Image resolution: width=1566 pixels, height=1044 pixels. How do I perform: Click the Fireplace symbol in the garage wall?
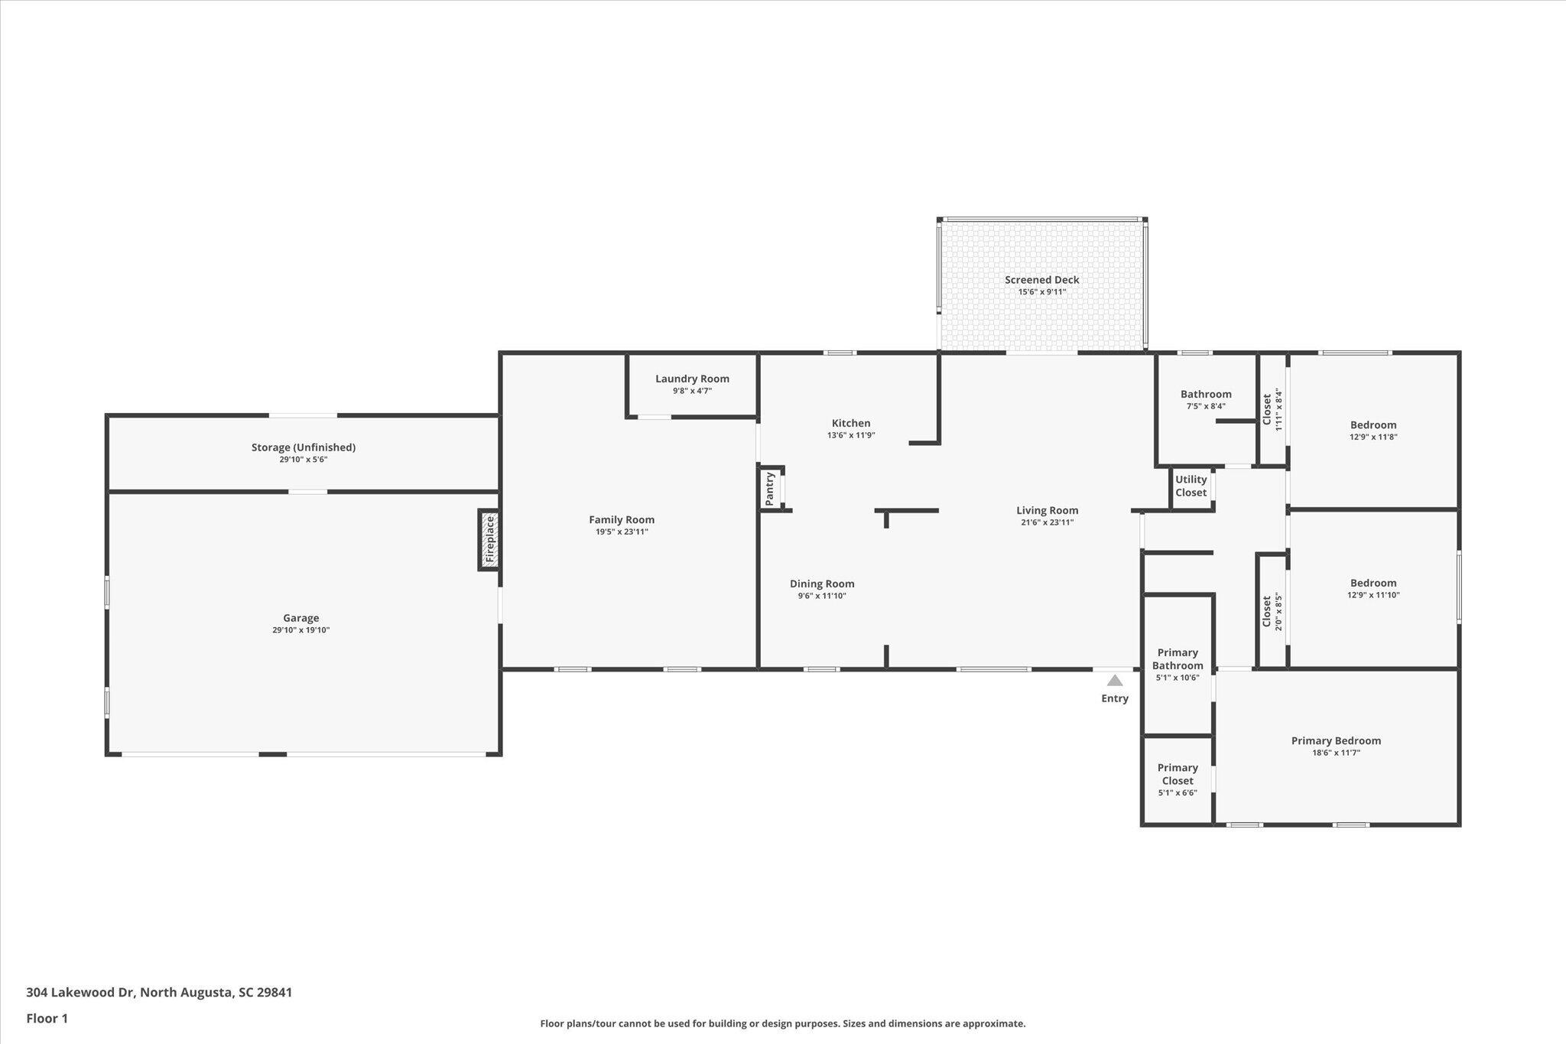click(x=490, y=540)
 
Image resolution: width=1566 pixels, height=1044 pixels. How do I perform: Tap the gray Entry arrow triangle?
click(x=1115, y=680)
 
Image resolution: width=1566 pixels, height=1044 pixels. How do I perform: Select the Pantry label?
click(x=770, y=489)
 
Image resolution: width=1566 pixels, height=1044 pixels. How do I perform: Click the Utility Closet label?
click(x=1191, y=486)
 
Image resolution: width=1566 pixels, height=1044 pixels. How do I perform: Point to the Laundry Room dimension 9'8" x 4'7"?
click(x=692, y=391)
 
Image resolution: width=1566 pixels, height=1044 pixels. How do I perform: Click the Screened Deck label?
click(x=1042, y=280)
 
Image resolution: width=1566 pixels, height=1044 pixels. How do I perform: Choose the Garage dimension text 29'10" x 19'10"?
click(x=301, y=630)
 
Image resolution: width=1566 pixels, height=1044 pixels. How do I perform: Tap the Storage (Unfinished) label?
click(x=304, y=447)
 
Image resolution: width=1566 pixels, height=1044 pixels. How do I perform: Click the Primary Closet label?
click(x=1178, y=774)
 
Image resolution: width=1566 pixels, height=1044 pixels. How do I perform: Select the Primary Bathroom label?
click(x=1178, y=659)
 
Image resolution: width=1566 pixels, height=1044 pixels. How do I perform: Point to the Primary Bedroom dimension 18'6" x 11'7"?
click(x=1336, y=753)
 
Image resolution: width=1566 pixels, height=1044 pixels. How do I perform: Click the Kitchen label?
click(x=851, y=423)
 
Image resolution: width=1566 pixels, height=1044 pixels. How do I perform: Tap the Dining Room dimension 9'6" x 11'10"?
click(x=822, y=596)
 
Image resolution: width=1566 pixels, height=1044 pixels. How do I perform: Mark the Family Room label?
click(x=622, y=519)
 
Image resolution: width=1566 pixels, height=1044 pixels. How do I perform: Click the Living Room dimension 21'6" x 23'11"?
click(x=1047, y=522)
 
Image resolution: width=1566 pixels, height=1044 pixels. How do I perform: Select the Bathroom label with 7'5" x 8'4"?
click(x=1206, y=395)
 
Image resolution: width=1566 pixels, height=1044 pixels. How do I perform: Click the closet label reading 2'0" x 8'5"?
click(x=1272, y=611)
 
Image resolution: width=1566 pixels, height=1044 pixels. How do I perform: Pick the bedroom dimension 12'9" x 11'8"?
click(x=1373, y=437)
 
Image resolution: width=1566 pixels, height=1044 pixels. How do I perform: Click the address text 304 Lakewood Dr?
click(x=80, y=992)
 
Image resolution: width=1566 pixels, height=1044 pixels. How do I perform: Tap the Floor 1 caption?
click(x=47, y=1018)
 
